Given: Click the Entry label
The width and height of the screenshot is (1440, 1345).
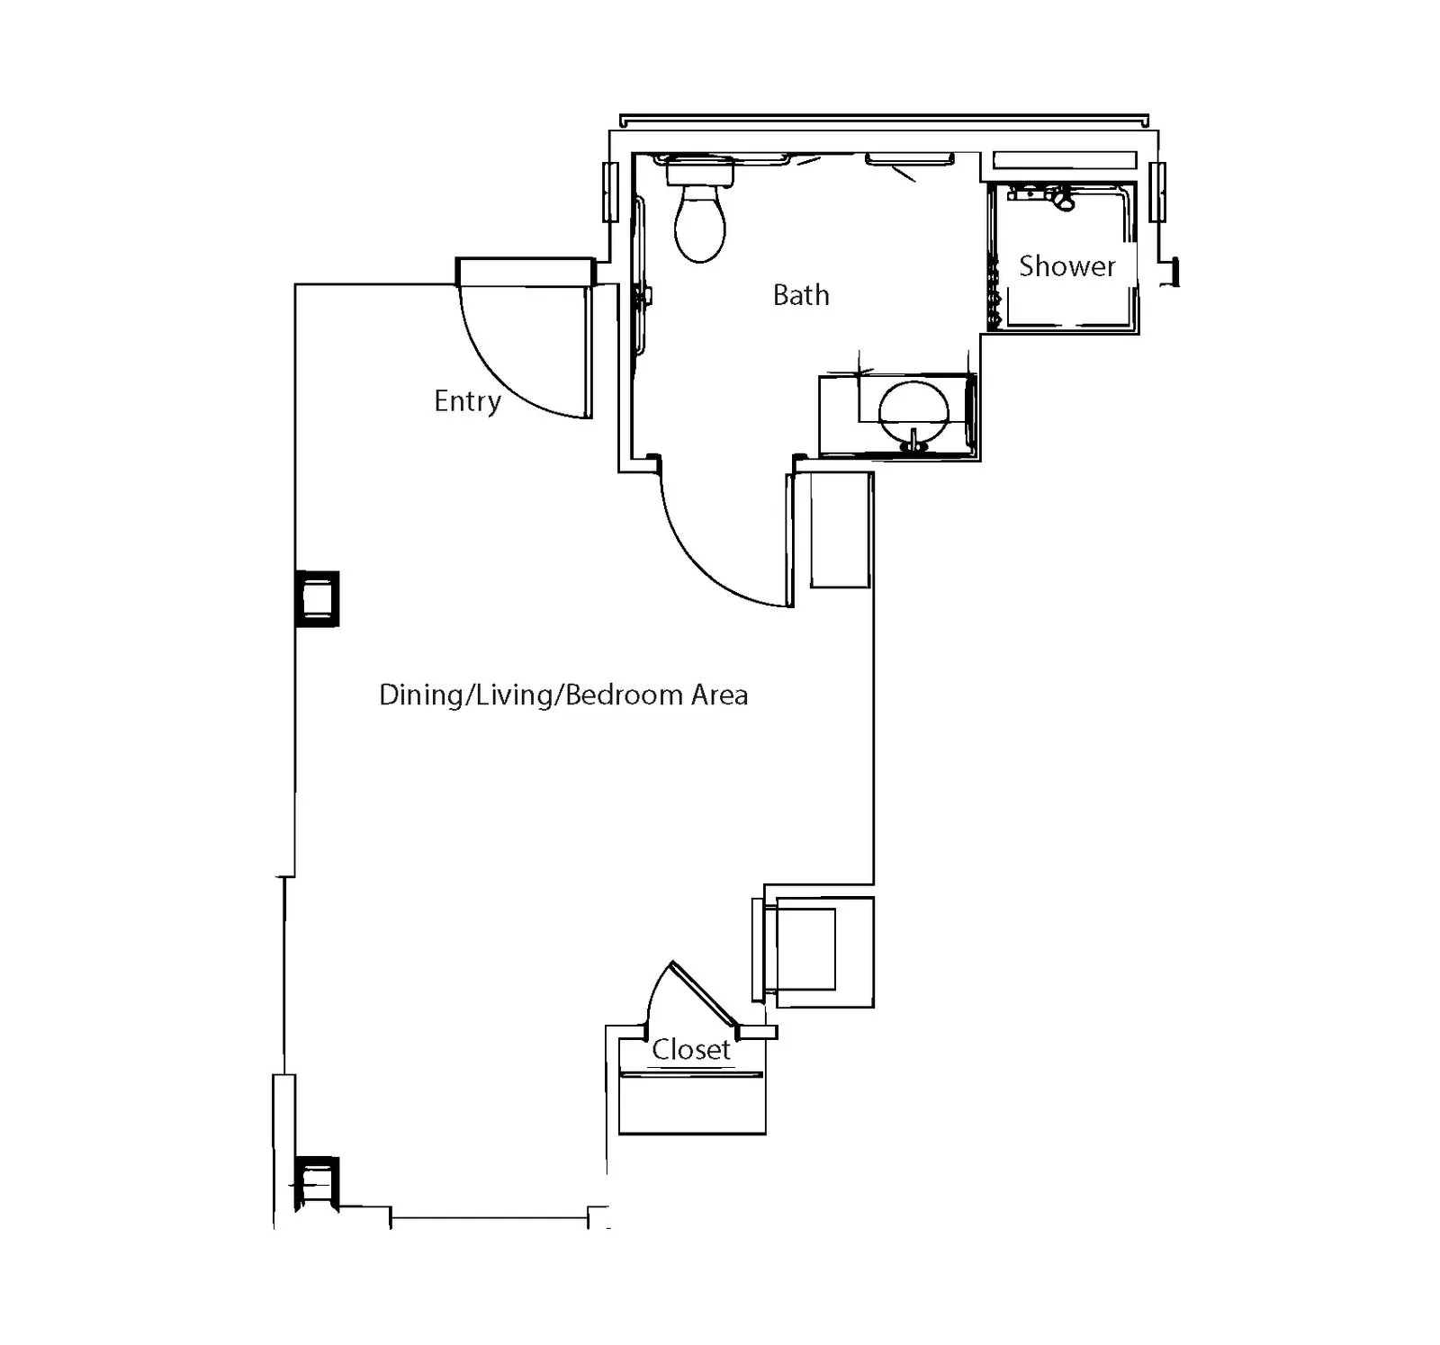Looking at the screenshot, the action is (467, 401).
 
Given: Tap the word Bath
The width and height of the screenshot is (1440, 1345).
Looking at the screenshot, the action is (801, 295).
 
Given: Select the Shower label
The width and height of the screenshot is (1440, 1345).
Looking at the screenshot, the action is (1066, 266).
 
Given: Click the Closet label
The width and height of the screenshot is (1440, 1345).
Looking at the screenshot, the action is (691, 1049).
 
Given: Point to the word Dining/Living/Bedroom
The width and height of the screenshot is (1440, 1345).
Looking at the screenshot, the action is (531, 695).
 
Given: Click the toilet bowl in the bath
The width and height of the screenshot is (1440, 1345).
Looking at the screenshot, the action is (700, 224).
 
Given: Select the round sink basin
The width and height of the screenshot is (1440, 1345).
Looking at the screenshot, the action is (913, 413).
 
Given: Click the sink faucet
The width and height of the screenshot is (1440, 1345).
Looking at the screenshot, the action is (914, 441).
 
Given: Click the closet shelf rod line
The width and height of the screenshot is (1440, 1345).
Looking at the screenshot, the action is (691, 1074).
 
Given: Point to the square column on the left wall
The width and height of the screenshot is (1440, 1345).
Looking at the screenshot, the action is (318, 598).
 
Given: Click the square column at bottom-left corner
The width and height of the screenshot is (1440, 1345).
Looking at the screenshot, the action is (317, 1182).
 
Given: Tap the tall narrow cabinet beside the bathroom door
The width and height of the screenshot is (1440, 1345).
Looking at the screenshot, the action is (841, 530).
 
